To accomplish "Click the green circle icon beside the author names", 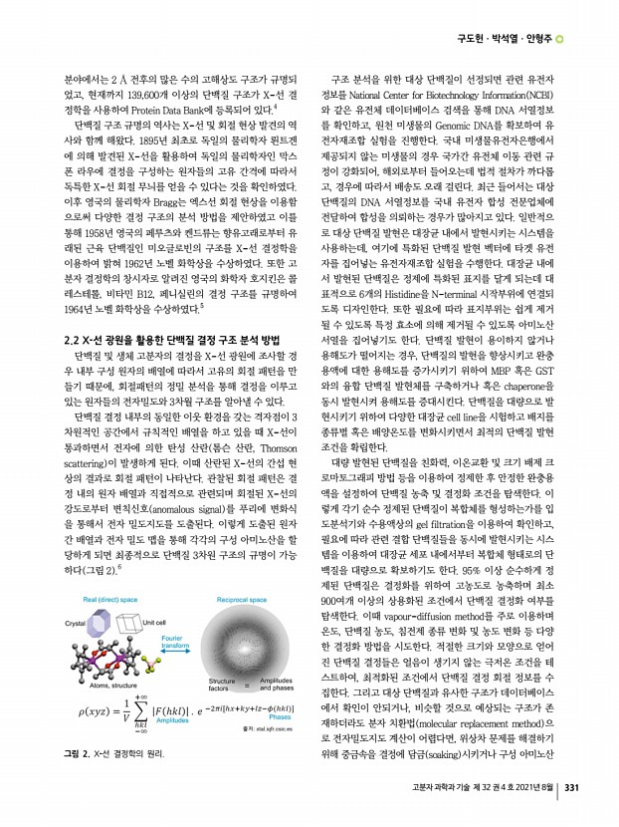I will point(560,39).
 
